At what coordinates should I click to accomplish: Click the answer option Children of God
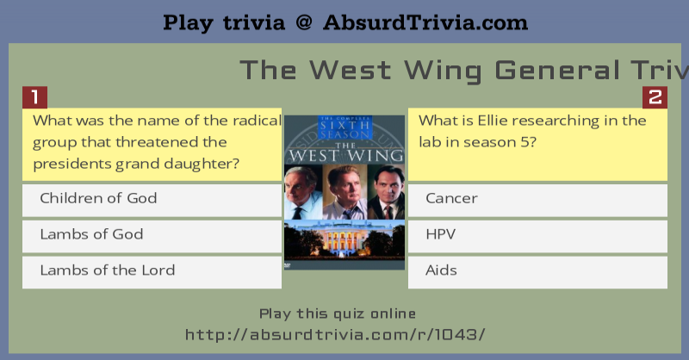pyautogui.click(x=152, y=200)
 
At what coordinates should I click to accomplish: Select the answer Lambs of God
pyautogui.click(x=152, y=236)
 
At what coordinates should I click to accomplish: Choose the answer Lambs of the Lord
pyautogui.click(x=152, y=272)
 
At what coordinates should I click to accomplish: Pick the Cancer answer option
pyautogui.click(x=537, y=200)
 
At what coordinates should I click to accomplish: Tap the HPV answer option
pyautogui.click(x=537, y=236)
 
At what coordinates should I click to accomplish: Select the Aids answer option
pyautogui.click(x=537, y=272)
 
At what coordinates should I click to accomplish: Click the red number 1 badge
pyautogui.click(x=34, y=97)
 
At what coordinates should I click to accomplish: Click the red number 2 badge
pyautogui.click(x=655, y=97)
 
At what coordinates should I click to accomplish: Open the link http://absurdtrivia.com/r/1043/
pyautogui.click(x=335, y=334)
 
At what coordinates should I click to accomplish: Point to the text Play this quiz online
pyautogui.click(x=337, y=313)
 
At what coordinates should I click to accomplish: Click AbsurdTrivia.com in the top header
pyautogui.click(x=425, y=22)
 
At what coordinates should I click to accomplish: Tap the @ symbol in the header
pyautogui.click(x=304, y=22)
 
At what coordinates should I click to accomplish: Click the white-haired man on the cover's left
pyautogui.click(x=303, y=192)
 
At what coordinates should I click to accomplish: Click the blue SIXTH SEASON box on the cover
pyautogui.click(x=344, y=128)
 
